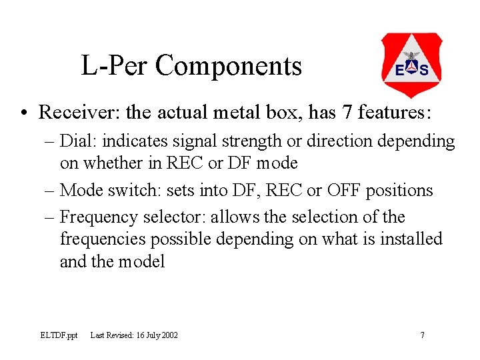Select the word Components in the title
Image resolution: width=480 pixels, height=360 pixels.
[229, 66]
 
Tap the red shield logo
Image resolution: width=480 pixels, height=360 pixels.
[411, 65]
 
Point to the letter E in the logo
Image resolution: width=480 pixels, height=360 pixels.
[399, 71]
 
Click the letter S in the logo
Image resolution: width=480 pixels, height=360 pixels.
[424, 71]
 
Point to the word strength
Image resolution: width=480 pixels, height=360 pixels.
[256, 141]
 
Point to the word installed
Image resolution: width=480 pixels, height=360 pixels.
[411, 239]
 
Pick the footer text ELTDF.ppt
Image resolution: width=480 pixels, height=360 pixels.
[59, 335]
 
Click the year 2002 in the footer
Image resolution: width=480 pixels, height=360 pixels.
[169, 335]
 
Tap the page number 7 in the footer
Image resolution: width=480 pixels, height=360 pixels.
[422, 335]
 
